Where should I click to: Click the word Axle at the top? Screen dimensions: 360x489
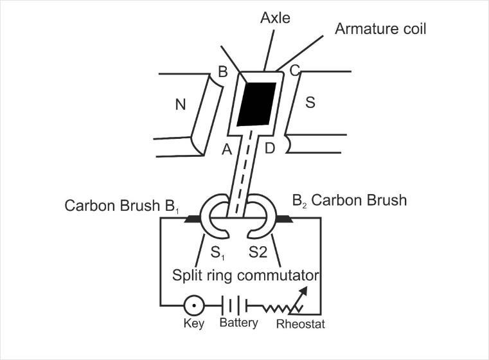(x=276, y=17)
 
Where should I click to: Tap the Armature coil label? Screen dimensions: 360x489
(x=381, y=29)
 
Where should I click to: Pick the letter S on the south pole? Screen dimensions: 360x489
(x=310, y=103)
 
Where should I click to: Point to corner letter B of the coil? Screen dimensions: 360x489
(x=222, y=72)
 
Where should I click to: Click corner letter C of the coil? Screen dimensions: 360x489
(x=295, y=71)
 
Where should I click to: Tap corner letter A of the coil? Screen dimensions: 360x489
(x=226, y=150)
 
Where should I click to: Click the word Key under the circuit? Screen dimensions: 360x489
(x=193, y=323)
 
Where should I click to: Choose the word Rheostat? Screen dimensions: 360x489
(x=300, y=324)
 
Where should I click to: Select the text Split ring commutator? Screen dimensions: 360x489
(x=246, y=276)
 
